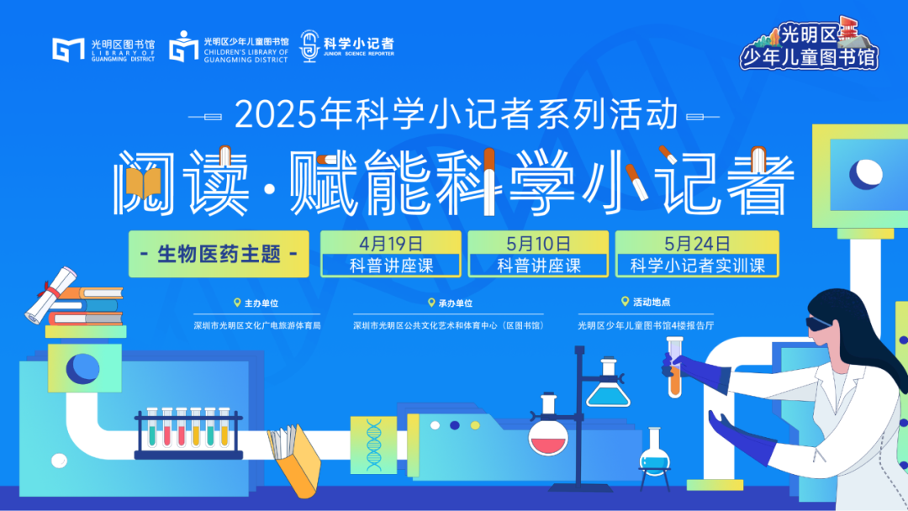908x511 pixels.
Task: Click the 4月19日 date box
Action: (391, 254)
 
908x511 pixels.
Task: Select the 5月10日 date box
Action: (538, 254)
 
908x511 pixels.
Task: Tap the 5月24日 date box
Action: (697, 254)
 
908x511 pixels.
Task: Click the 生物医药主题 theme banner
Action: (219, 254)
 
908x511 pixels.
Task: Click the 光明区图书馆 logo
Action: (103, 50)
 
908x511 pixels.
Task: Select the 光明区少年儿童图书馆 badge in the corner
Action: (810, 44)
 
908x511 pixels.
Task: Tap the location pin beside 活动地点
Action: (625, 302)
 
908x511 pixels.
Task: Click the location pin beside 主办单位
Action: (237, 303)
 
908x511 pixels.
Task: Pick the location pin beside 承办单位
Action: (430, 303)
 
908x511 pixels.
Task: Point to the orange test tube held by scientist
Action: (674, 367)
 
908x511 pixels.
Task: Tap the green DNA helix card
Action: (373, 445)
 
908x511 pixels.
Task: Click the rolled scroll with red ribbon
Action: (51, 294)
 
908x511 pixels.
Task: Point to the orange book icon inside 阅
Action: (143, 182)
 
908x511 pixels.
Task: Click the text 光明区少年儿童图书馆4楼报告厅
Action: (646, 325)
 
